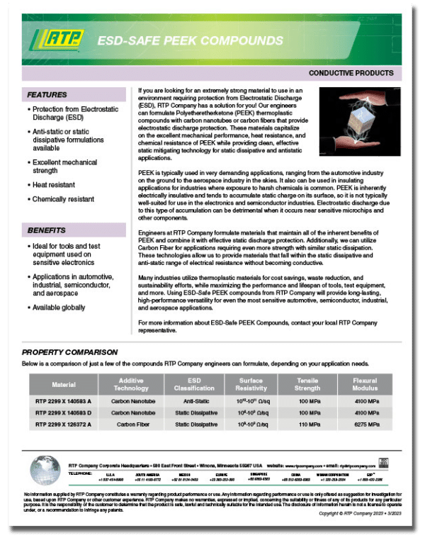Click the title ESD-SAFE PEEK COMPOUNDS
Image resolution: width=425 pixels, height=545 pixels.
pyautogui.click(x=190, y=40)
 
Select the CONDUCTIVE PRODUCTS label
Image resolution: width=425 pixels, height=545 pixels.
pyautogui.click(x=351, y=73)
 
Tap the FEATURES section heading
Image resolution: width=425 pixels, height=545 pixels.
pyautogui.click(x=47, y=94)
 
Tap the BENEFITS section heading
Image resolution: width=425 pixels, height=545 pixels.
pyautogui.click(x=46, y=230)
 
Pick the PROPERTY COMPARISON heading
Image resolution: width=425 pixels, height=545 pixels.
pyautogui.click(x=70, y=352)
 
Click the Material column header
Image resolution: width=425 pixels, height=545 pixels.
pyautogui.click(x=64, y=385)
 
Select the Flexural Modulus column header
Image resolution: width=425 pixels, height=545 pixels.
pyautogui.click(x=365, y=385)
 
